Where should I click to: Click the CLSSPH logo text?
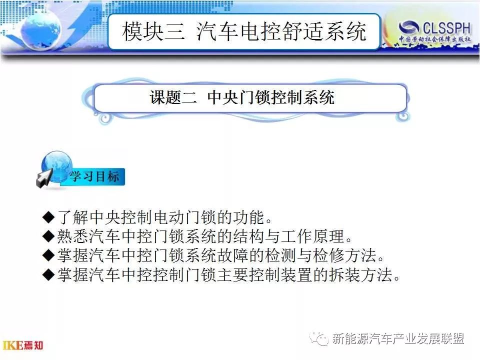(446, 28)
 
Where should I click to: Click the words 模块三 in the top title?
(153, 31)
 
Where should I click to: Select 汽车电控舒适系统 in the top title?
(281, 31)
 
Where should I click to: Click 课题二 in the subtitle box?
(173, 97)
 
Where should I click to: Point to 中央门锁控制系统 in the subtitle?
(270, 97)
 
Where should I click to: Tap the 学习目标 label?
(94, 176)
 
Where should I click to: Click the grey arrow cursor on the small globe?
(44, 178)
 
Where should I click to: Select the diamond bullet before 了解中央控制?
(48, 217)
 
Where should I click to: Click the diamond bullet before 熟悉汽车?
(48, 236)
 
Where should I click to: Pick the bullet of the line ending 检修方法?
(48, 255)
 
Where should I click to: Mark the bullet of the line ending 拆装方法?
(48, 274)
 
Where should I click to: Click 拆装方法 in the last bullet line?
(360, 274)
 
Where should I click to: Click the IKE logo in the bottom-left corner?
(23, 345)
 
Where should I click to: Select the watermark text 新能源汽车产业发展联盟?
(398, 338)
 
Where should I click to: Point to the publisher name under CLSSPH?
(434, 39)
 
